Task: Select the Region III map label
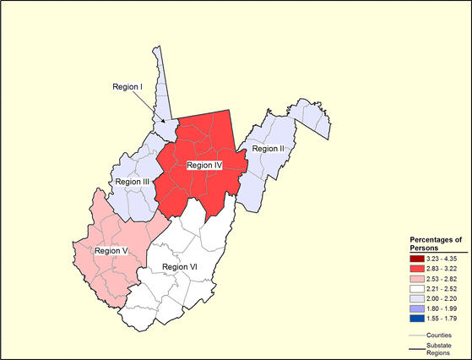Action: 132,182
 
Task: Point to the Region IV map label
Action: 203,166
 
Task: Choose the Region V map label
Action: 111,251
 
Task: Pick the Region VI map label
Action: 179,267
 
